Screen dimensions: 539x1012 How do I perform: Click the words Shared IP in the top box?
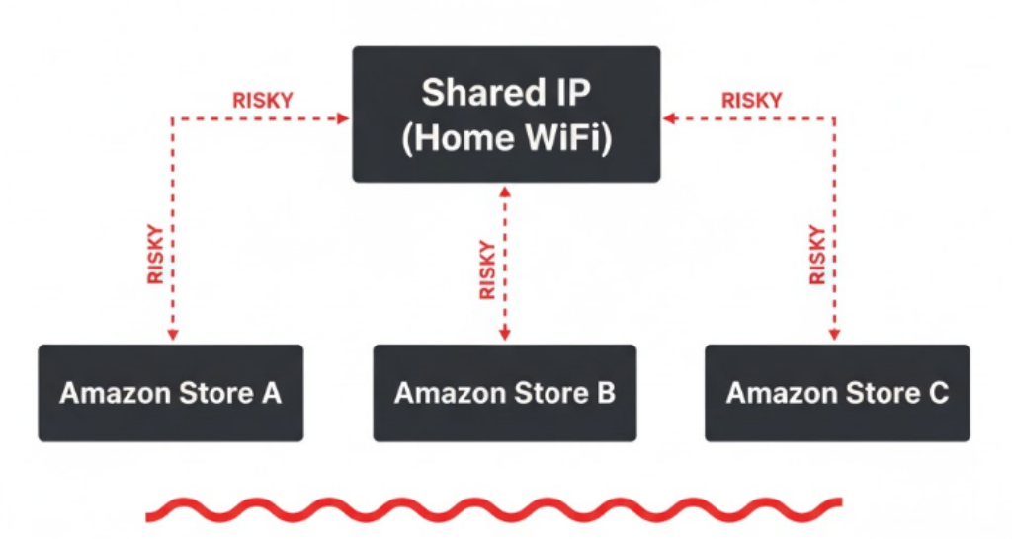505,93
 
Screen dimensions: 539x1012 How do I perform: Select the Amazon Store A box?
170,393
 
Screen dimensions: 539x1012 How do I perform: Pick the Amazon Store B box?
504,393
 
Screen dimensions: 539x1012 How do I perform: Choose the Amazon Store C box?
836,393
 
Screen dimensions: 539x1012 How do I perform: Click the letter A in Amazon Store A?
271,393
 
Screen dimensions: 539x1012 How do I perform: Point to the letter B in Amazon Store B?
605,393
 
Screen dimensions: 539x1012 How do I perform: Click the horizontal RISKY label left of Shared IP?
262,101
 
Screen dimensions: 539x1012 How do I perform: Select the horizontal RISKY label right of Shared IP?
751,101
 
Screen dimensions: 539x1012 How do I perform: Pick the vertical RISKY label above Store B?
487,269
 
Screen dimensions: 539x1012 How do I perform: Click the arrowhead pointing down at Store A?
173,336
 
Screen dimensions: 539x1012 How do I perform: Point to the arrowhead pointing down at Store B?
505,336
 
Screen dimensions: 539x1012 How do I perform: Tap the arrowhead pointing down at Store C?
836,336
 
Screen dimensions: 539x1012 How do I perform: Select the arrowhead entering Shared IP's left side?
344,118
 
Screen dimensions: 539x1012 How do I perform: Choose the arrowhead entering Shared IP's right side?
669,118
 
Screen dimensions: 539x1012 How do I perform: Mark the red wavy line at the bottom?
494,509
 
